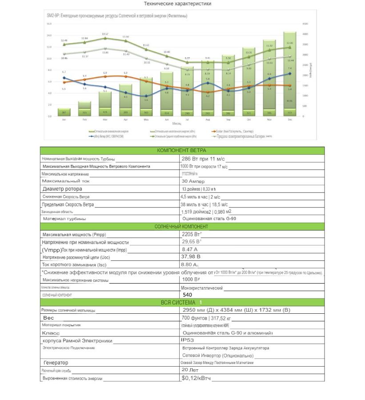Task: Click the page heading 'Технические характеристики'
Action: point(178,4)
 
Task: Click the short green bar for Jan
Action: point(64,112)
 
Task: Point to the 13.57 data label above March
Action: point(105,34)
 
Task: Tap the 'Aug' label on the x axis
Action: point(207,120)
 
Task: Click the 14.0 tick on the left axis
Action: point(49,35)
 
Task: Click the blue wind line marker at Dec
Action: point(289,74)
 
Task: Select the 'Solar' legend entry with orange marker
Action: point(231,131)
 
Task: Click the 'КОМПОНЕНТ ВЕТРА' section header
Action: point(182,151)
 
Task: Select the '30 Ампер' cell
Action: point(193,181)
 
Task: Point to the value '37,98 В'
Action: point(191,256)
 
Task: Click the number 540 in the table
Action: point(187,295)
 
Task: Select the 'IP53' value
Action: point(188,340)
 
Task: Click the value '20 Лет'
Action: point(190,370)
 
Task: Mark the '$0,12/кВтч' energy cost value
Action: point(196,378)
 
